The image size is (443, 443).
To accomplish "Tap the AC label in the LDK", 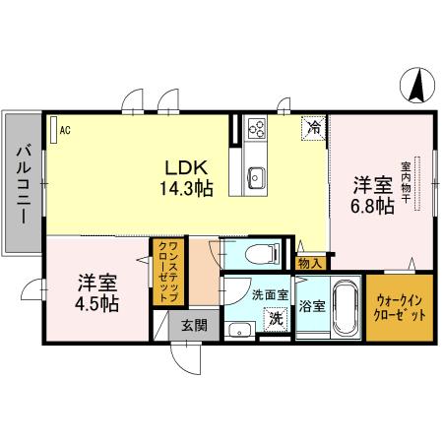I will [64, 129].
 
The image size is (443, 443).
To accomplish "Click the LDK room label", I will [177, 166].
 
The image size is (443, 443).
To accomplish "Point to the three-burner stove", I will [258, 128].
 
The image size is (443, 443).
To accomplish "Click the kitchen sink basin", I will [255, 177].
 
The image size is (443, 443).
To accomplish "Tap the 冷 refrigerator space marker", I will [314, 127].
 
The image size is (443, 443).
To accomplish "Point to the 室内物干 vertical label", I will [405, 183].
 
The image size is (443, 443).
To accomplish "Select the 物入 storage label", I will [309, 263].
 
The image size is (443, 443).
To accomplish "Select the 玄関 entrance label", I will [186, 325].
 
